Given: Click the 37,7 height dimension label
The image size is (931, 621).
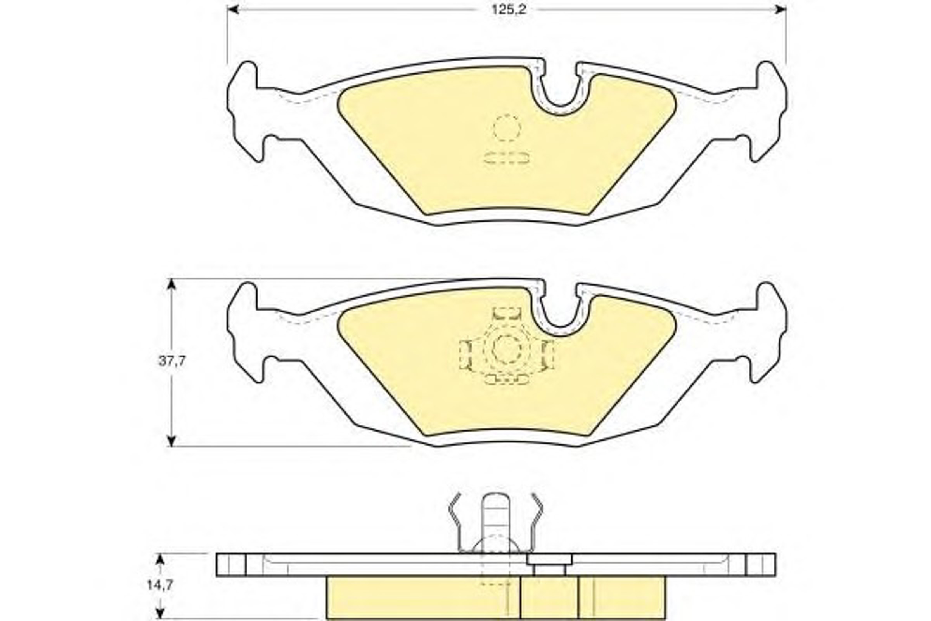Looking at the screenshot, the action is tap(172, 362).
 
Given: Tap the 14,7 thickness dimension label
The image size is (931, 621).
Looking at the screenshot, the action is tap(160, 585).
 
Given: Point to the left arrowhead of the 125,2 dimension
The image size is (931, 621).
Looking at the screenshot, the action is tap(233, 9).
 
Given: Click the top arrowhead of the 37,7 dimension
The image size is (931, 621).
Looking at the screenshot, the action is tap(171, 284).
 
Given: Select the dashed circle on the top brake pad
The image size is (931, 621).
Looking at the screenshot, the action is tap(507, 128).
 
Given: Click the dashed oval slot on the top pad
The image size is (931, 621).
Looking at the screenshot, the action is tap(506, 158).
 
